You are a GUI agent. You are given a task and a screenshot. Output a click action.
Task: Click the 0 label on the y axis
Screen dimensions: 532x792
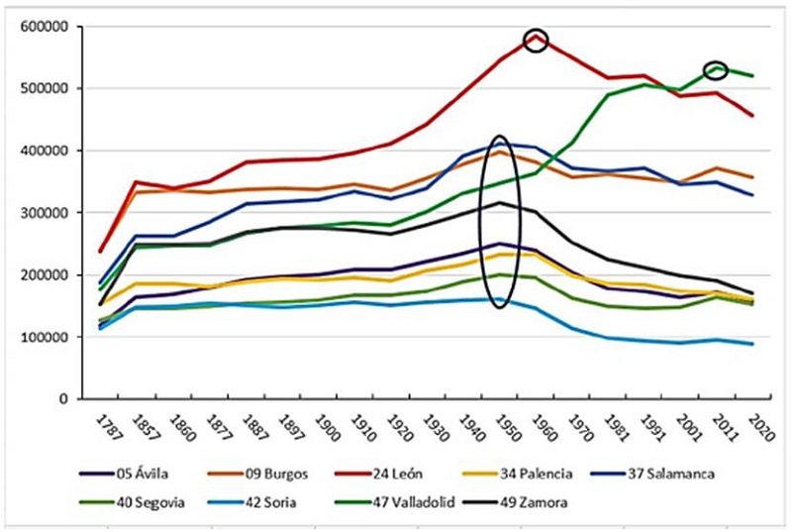pos(60,399)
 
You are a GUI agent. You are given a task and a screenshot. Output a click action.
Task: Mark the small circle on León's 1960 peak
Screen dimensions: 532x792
pos(536,41)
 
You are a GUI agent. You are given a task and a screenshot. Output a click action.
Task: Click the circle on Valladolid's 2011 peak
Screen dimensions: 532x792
pos(716,69)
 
